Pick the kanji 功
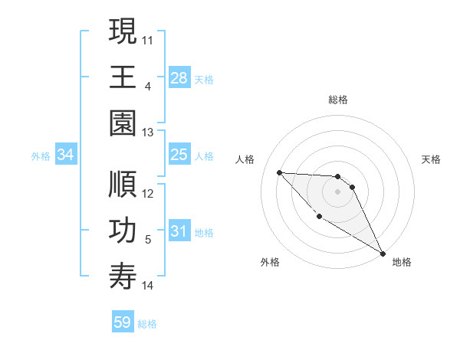point(123,231)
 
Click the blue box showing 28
point(179,78)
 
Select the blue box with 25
point(179,155)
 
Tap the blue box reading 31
point(179,232)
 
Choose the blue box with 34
point(66,155)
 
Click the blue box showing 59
point(123,322)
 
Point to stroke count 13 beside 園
point(149,133)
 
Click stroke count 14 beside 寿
point(149,286)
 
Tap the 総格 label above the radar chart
point(337,100)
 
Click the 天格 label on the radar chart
point(432,159)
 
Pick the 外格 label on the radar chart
point(269,262)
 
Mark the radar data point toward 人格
point(279,172)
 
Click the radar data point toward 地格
point(383,253)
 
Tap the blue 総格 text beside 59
point(147,324)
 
